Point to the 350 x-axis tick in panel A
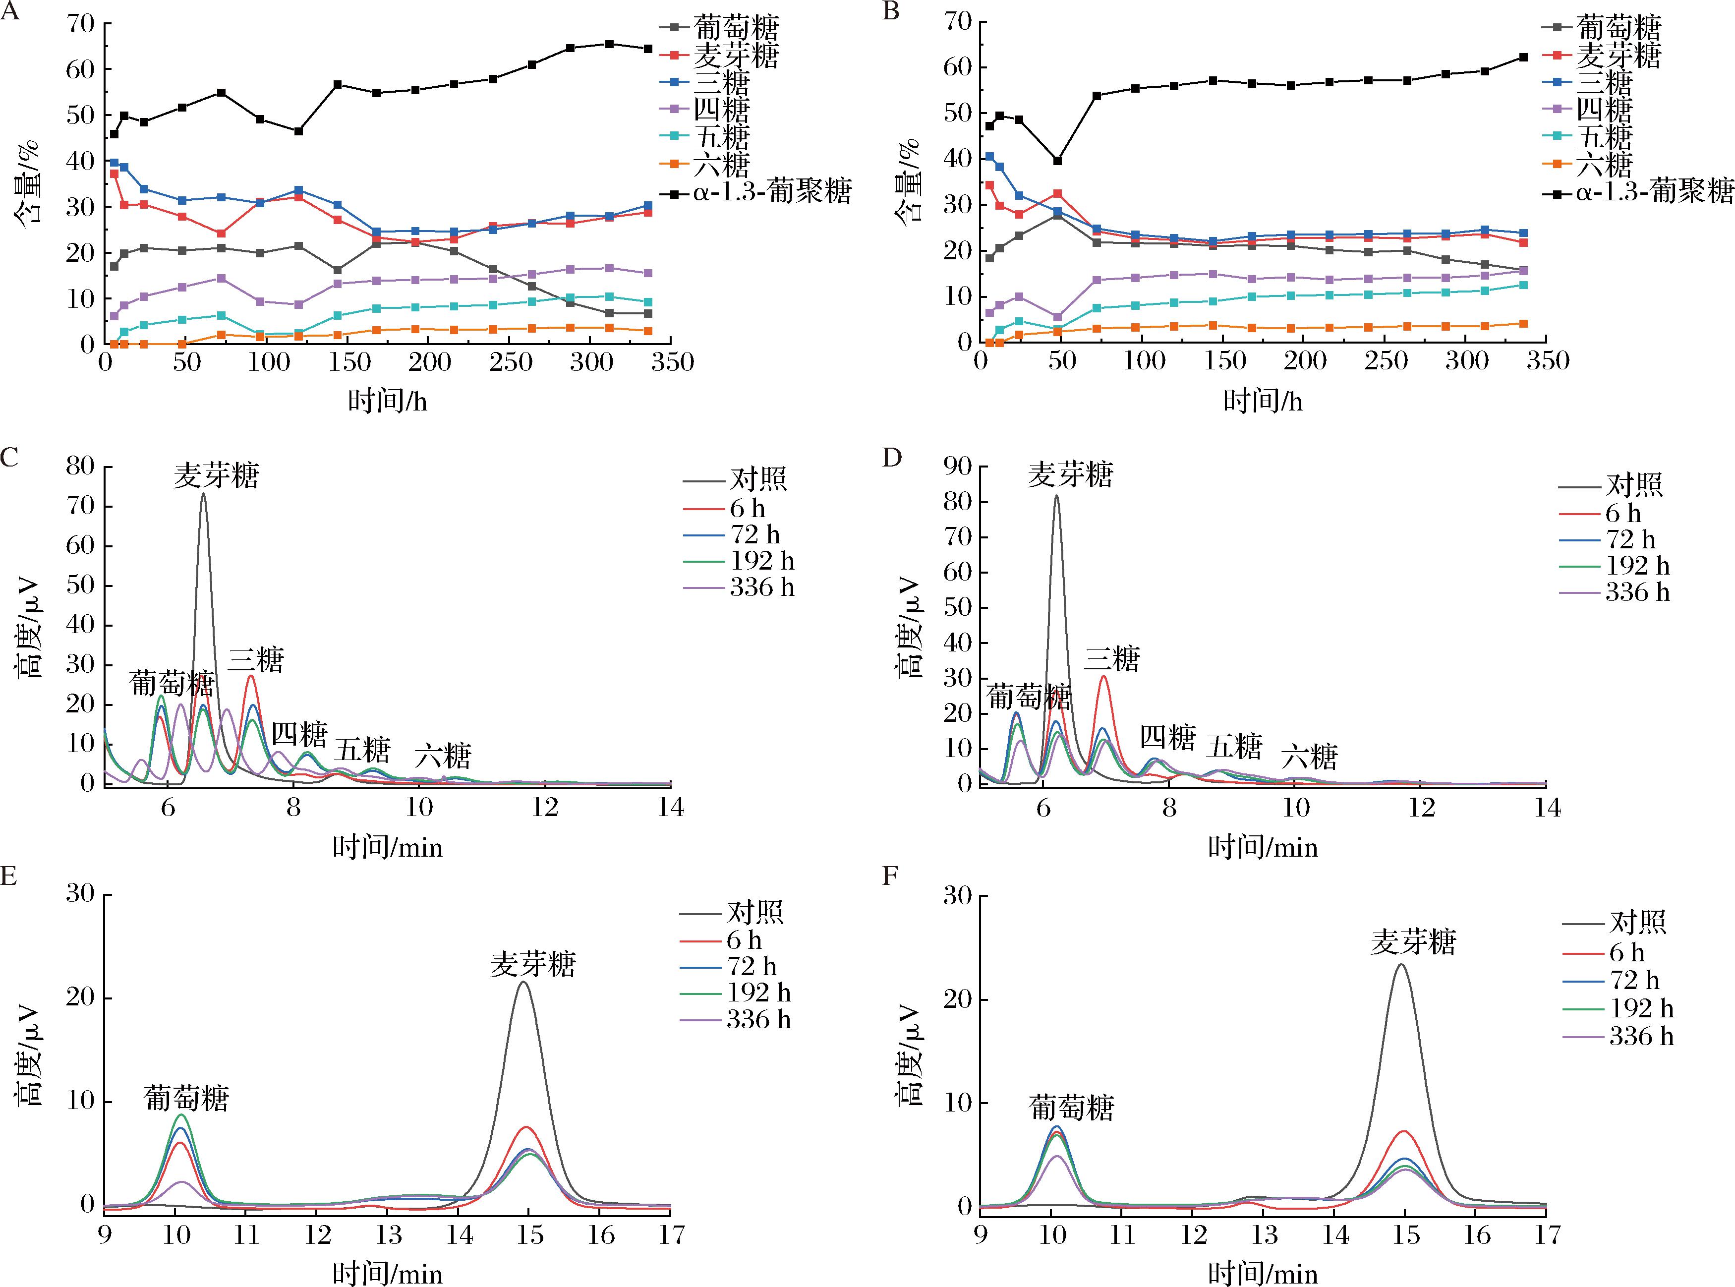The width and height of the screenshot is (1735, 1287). [672, 363]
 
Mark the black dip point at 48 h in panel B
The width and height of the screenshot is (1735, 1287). [1057, 161]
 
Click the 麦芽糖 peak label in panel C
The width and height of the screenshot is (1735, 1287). [216, 475]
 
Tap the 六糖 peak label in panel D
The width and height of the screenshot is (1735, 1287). [1310, 757]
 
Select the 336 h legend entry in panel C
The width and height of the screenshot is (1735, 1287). [761, 587]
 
